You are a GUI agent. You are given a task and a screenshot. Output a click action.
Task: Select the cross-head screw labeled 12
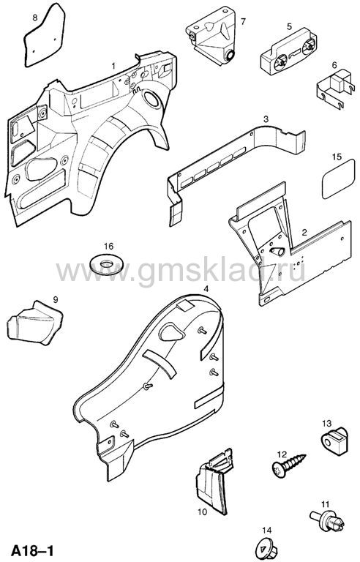point(288,465)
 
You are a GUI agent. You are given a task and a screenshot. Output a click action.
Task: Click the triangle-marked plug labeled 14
point(267,548)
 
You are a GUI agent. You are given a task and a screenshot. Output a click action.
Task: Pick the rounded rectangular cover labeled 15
point(339,179)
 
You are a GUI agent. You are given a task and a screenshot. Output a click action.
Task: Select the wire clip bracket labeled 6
point(333,88)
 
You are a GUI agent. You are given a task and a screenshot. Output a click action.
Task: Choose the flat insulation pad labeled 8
point(45,36)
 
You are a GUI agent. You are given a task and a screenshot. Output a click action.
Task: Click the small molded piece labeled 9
point(35,323)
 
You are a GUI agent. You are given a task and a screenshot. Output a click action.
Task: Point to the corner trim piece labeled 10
point(214,481)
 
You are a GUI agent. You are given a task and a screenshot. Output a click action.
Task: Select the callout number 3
point(266,119)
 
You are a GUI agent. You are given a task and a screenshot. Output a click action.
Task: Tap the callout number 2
point(304,232)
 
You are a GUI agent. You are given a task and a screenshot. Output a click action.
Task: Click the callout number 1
point(113,66)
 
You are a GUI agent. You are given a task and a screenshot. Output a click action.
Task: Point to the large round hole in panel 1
point(152,98)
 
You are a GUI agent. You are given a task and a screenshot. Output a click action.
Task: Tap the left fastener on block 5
point(280,64)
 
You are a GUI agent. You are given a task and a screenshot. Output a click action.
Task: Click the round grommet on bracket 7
point(229,55)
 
